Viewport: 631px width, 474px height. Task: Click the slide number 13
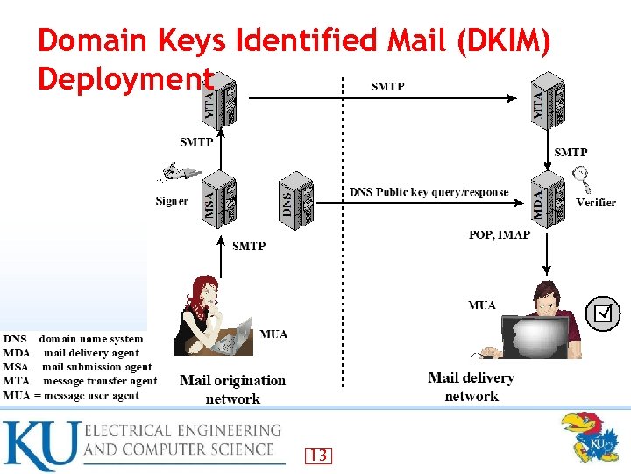point(319,456)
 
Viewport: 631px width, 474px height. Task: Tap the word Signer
point(172,201)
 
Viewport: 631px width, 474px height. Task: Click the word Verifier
point(596,202)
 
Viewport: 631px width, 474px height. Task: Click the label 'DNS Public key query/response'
point(429,192)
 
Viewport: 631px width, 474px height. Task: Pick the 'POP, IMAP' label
point(500,234)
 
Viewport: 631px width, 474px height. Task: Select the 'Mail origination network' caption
point(232,390)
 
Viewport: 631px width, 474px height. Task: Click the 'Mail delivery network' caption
point(471,387)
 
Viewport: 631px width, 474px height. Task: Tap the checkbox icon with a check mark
point(603,312)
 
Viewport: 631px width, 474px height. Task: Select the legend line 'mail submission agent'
point(97,367)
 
